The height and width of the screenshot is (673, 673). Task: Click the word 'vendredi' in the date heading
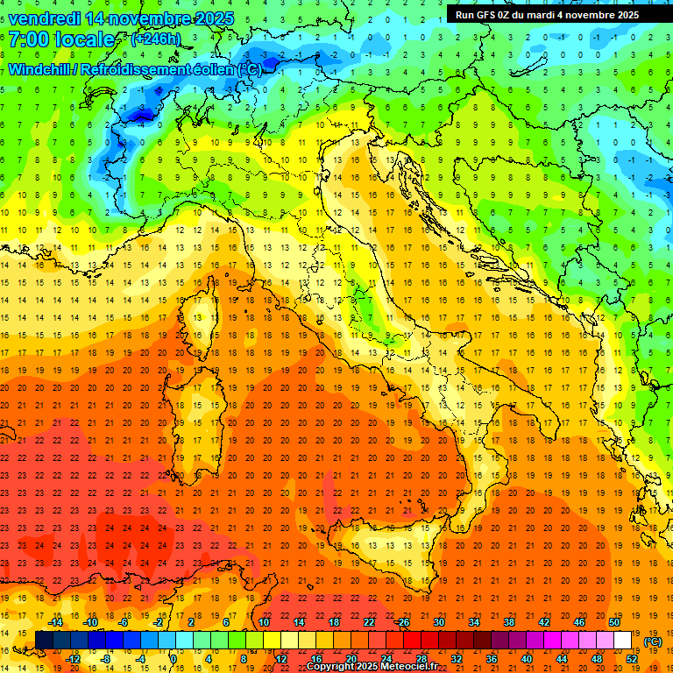coord(46,18)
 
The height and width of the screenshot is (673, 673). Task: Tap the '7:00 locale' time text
coord(61,40)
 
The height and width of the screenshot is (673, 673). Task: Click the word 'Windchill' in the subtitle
coord(45,69)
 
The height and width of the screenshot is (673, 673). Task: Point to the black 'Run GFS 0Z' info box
coord(547,14)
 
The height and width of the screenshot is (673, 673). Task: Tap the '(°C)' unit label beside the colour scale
coord(653,641)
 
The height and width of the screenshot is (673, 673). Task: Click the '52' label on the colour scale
coord(631,659)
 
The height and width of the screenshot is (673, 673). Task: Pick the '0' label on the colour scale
coord(174,659)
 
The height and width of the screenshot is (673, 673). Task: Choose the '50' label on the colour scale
coord(614,622)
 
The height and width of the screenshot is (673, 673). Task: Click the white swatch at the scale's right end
coord(623,641)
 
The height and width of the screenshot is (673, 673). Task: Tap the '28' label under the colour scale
coord(421,659)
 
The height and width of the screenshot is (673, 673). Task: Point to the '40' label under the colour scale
coord(526,659)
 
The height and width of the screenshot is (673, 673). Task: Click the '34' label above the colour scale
coord(474,622)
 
